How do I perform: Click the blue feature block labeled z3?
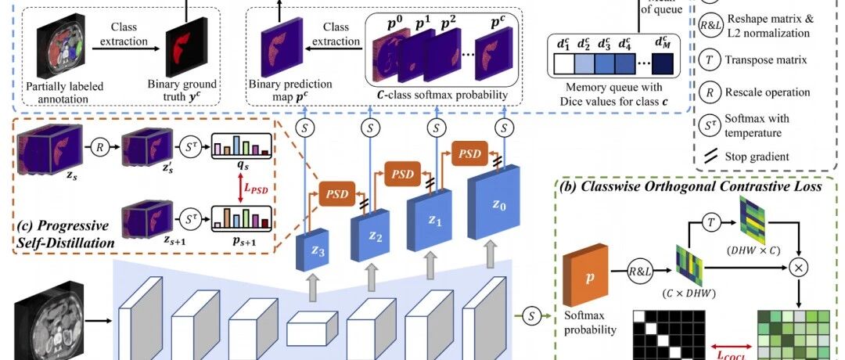308,250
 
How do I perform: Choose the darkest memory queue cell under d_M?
663,63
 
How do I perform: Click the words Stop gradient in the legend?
757,157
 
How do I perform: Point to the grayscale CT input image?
49,324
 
